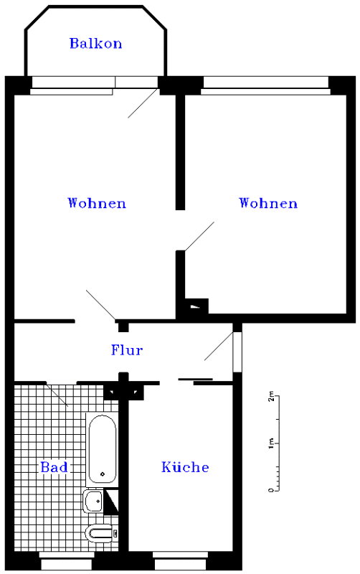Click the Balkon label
tap(96, 43)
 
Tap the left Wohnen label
tap(97, 203)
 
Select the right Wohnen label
tap(268, 203)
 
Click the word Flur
tap(127, 349)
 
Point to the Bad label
tap(55, 467)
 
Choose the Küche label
tap(185, 466)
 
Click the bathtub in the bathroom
tap(103, 449)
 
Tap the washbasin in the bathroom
tap(94, 501)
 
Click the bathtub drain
tap(103, 474)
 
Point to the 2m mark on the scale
tap(271, 396)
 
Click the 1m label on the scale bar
tap(271, 443)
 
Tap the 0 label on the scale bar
tap(271, 490)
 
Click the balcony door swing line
tap(143, 103)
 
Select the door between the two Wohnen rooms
tap(199, 237)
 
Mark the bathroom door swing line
tap(57, 395)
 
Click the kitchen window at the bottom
tap(180, 560)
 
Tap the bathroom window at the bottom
tap(66, 560)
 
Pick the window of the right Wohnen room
tap(266, 85)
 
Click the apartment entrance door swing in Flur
tap(219, 346)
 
